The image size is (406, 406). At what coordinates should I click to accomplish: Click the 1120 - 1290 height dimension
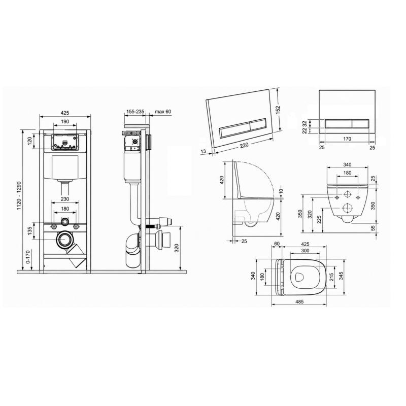click(19, 196)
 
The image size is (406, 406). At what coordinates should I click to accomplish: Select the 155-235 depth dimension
click(135, 112)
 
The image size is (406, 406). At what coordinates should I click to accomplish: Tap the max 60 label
click(163, 112)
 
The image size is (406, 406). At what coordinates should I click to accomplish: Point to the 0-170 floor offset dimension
click(28, 257)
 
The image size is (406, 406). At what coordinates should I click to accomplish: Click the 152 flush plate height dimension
click(278, 110)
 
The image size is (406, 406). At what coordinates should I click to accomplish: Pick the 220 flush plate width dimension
click(244, 146)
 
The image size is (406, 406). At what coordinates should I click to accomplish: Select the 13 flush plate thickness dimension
click(204, 151)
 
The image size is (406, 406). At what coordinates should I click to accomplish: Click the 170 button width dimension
click(347, 139)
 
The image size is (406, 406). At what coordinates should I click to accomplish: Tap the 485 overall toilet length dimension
click(299, 301)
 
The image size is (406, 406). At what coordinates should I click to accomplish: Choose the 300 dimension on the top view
click(306, 250)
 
